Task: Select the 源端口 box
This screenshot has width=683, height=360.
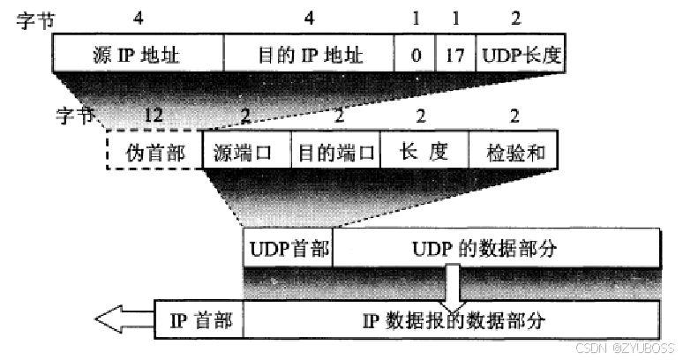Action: coord(246,152)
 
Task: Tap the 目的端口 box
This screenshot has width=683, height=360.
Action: coord(334,152)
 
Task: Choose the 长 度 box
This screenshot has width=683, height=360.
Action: coord(423,152)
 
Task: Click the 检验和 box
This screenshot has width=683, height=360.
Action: coord(513,152)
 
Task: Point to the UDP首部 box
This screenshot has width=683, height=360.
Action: coord(288,250)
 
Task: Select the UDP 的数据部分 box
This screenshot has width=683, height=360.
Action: coord(494,250)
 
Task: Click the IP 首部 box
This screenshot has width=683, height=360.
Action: coord(199,320)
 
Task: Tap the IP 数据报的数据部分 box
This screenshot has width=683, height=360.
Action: coord(450,320)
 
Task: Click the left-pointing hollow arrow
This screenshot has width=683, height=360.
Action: coord(123,321)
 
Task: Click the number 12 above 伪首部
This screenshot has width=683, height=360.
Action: coord(153,116)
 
